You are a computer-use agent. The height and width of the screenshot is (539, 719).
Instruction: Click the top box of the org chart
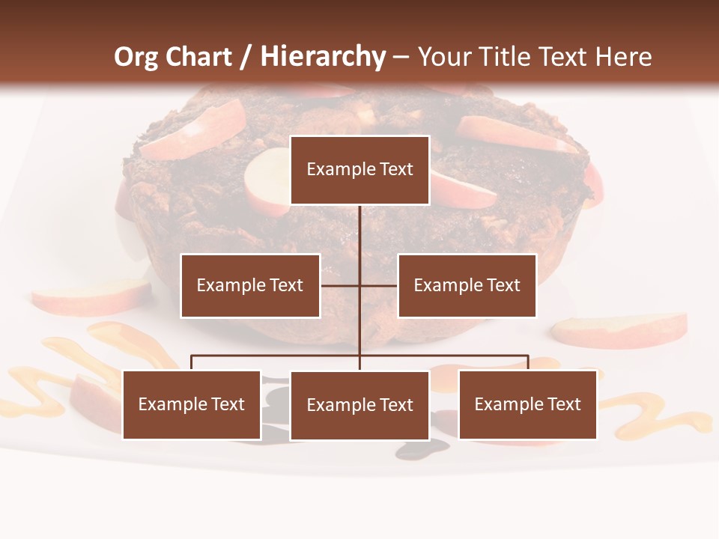tap(359, 170)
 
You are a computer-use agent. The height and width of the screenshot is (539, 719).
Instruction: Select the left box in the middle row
tap(250, 285)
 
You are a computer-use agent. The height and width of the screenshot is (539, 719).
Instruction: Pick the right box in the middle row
tap(467, 285)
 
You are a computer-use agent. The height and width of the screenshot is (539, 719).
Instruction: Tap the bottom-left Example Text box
tap(192, 405)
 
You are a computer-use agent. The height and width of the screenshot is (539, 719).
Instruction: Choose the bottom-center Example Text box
tap(359, 406)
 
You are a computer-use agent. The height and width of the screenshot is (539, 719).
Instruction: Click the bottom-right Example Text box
tap(527, 405)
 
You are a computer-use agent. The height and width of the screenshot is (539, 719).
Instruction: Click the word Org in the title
tap(136, 57)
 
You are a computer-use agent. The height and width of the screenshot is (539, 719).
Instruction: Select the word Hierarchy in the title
tap(322, 57)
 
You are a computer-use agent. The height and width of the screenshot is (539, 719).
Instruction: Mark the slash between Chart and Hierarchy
tap(246, 58)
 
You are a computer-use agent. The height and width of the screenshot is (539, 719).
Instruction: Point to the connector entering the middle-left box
tap(339, 285)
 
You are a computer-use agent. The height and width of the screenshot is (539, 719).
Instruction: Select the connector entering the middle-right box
tap(379, 285)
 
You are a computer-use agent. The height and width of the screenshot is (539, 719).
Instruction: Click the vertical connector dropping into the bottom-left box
tap(192, 362)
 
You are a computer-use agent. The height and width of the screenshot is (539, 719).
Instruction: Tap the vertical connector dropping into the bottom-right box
tap(528, 362)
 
